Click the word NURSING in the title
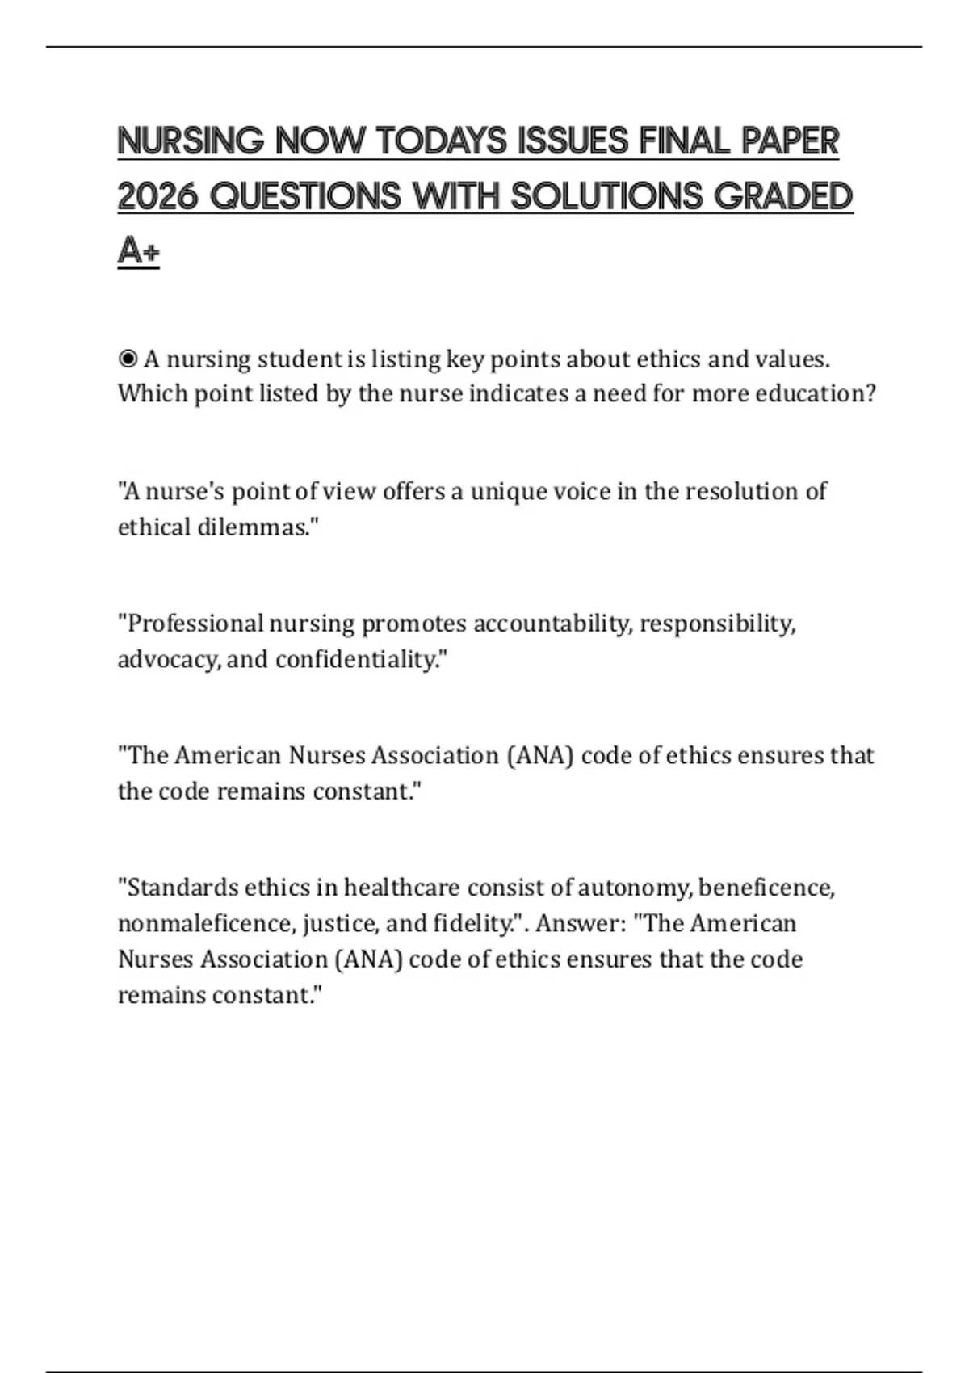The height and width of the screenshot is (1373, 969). (191, 141)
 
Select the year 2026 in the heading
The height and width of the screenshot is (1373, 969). (157, 196)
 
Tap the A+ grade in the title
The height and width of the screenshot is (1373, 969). (138, 251)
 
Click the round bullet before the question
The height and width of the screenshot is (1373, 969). (127, 359)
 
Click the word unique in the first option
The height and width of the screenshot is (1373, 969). (507, 491)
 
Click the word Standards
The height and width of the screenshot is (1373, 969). (179, 888)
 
